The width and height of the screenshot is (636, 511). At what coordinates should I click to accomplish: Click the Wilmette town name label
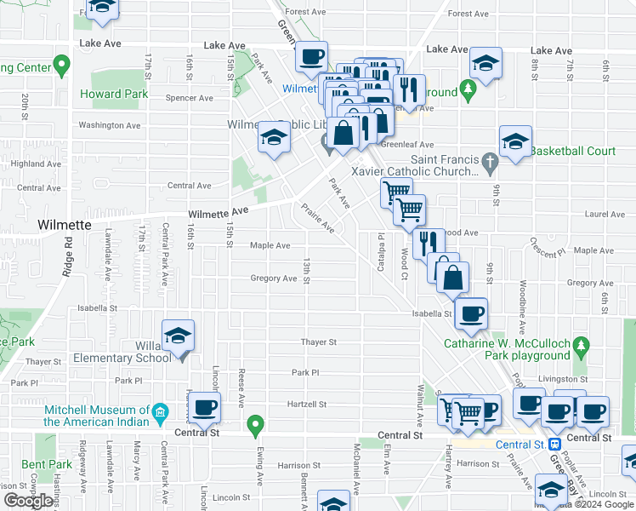point(64,225)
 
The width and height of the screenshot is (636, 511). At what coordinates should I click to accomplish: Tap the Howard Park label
point(111,93)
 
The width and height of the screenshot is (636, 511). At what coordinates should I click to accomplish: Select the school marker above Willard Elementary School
point(179,336)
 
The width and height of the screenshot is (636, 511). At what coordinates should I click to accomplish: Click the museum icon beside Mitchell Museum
point(161,415)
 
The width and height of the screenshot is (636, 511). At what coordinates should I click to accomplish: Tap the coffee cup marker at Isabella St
point(471,313)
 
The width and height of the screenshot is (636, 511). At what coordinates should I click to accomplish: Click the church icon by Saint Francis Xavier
point(489,160)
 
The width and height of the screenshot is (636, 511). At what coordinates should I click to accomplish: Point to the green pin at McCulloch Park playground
point(581,345)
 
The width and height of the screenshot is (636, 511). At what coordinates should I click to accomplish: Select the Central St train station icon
point(554,444)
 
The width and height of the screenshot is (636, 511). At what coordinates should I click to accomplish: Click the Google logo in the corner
point(29,501)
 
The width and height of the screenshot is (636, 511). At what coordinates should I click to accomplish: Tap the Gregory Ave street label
point(273,278)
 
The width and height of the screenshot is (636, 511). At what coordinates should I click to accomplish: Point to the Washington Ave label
point(109,125)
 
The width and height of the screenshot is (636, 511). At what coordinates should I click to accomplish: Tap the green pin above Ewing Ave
point(253,422)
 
